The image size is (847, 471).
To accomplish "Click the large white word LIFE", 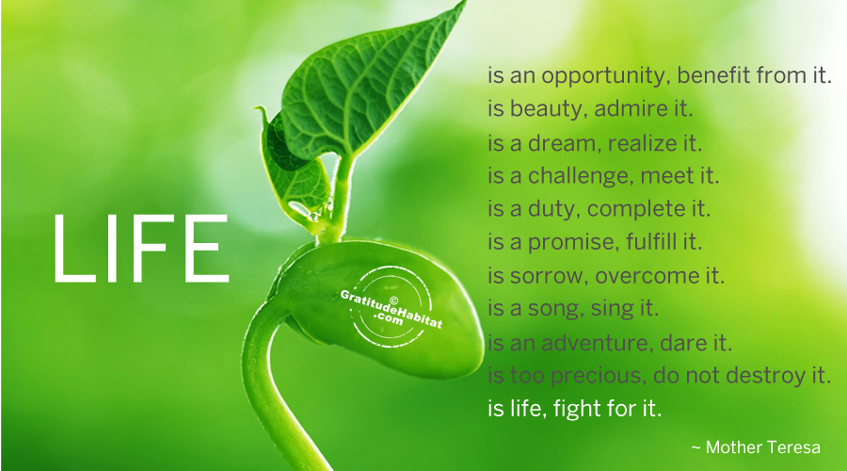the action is pos(141,248).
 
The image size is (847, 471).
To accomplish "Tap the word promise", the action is pos(572,243).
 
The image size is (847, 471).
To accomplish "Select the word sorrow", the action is pos(549,276).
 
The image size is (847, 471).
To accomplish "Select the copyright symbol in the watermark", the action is pos(393,300).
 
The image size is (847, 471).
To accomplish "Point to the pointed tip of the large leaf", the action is pos(465,3).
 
